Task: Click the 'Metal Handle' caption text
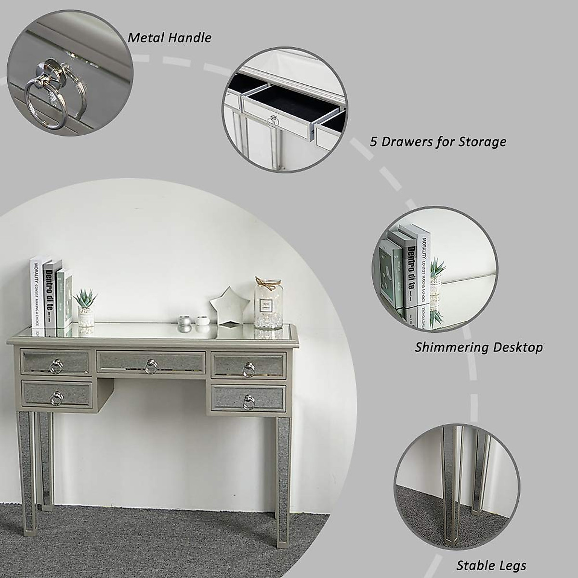[169, 38]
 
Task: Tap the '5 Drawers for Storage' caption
[438, 142]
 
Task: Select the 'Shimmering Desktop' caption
[478, 347]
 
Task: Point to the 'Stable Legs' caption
[491, 565]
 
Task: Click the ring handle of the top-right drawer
[249, 369]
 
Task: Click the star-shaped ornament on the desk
[230, 306]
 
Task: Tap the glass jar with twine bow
[268, 303]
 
